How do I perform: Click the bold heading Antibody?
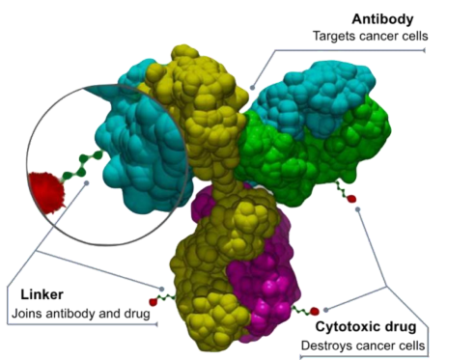tap(382, 19)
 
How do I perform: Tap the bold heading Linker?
tap(42, 294)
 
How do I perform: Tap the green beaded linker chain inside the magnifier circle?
tap(82, 166)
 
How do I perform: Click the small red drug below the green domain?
tap(351, 199)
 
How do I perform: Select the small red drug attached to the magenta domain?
tap(314, 311)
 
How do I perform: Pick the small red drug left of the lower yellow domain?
tap(153, 302)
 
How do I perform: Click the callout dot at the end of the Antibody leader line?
tap(253, 88)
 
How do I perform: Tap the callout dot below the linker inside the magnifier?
tap(86, 182)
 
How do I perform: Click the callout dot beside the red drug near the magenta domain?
tap(326, 310)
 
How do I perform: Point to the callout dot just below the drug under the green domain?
tap(358, 209)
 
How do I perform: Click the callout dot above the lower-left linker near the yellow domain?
tap(162, 289)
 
